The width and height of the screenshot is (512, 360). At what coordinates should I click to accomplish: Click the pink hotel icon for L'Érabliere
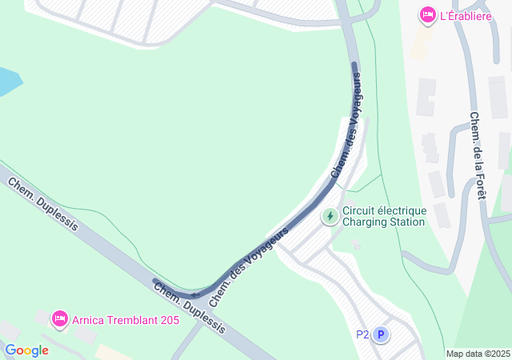click(427, 15)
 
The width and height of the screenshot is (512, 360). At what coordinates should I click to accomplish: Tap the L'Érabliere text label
click(467, 15)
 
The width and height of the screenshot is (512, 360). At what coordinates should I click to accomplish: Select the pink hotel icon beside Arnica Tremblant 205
click(59, 319)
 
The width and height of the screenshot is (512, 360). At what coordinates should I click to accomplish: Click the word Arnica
click(88, 320)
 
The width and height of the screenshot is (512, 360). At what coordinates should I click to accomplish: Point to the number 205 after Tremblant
click(158, 320)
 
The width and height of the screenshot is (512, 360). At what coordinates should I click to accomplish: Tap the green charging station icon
click(330, 216)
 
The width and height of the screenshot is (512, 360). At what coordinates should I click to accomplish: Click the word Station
click(408, 222)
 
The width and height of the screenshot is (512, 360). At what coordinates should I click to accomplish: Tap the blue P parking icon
click(381, 335)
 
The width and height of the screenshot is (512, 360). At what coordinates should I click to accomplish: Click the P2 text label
click(362, 335)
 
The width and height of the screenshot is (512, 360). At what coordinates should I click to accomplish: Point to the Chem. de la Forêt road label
click(479, 156)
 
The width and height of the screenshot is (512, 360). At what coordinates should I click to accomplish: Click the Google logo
click(26, 350)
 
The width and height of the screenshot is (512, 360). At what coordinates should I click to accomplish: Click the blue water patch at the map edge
click(7, 81)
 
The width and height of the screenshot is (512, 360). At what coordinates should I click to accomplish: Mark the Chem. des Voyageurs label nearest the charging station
click(346, 126)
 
